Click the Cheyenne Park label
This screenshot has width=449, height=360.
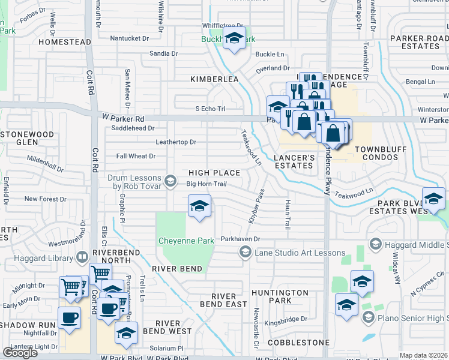click(186, 241)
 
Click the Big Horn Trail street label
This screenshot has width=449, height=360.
click(206, 184)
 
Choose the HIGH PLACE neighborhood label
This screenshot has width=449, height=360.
click(214, 173)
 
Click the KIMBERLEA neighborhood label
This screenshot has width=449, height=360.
click(214, 79)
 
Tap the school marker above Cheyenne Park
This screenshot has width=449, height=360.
click(199, 206)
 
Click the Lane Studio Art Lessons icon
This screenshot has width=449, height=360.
click(245, 253)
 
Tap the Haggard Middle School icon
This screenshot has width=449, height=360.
click(376, 243)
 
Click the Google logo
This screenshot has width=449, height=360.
click(20, 353)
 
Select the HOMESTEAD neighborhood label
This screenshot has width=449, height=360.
click(64, 42)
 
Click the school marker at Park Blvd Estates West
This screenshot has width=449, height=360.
click(433, 198)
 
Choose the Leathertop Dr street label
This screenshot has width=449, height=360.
click(176, 142)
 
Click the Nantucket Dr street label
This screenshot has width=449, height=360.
click(129, 38)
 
